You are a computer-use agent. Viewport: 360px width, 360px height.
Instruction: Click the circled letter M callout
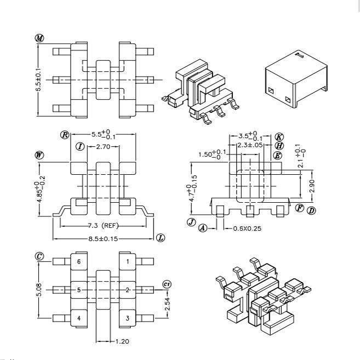(x=39, y=38)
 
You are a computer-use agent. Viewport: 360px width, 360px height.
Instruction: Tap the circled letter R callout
(x=65, y=135)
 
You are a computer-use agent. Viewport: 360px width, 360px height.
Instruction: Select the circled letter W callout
(x=39, y=155)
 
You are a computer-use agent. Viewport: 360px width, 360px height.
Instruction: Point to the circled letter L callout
(x=161, y=238)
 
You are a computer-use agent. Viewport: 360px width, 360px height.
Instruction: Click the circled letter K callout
(x=279, y=137)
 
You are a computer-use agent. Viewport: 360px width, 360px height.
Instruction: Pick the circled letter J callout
(x=191, y=222)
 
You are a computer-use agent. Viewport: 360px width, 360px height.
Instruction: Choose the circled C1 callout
(x=167, y=284)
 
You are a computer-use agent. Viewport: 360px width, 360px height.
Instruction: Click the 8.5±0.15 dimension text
(x=103, y=239)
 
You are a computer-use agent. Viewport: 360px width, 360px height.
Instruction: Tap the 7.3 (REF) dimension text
(x=104, y=226)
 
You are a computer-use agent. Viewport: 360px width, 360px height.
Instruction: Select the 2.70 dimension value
(x=103, y=147)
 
